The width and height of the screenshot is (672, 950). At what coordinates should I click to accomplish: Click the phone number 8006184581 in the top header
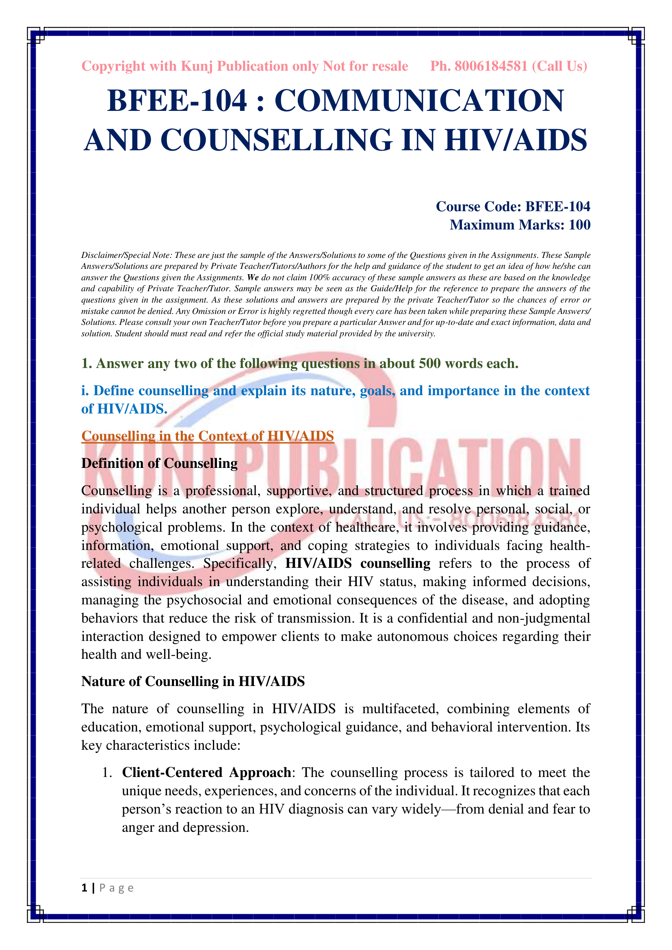click(x=491, y=66)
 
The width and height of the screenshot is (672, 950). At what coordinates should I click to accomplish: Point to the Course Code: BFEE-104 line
click(x=513, y=206)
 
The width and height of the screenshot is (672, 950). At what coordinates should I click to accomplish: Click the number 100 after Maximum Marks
click(x=579, y=225)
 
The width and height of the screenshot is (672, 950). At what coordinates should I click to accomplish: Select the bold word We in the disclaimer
click(x=253, y=278)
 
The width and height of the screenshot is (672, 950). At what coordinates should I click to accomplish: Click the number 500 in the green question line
click(x=429, y=363)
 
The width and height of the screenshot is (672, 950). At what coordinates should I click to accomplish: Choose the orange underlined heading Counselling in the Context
click(x=207, y=436)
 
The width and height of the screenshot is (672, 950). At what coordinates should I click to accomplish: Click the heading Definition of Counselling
click(x=159, y=463)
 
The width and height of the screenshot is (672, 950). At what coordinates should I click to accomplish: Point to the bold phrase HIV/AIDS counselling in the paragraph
click(x=358, y=564)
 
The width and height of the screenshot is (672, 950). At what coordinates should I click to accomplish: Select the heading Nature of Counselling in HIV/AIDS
click(x=193, y=682)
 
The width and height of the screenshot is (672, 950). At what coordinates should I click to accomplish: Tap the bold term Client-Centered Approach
click(x=206, y=773)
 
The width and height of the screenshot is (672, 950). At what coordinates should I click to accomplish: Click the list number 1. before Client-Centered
click(x=107, y=773)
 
